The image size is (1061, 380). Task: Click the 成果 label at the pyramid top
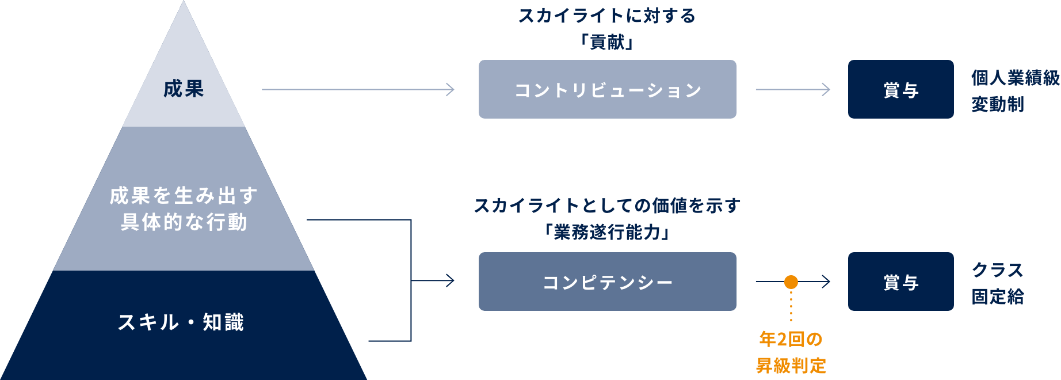point(184,89)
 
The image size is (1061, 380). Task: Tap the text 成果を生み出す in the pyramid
point(184,196)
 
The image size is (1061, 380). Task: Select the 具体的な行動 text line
point(184,222)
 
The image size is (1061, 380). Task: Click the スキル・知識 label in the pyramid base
point(181,322)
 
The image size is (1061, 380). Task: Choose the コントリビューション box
point(608,90)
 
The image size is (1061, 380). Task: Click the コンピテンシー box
point(608,282)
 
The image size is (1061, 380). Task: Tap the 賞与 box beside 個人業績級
point(900,90)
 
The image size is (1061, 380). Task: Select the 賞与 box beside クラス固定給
point(900,282)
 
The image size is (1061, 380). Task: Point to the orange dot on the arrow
point(791,282)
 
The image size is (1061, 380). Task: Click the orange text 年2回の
point(791,339)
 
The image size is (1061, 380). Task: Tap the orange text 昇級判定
point(791,365)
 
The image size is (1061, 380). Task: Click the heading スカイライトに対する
point(607,16)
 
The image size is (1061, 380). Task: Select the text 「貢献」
point(607,42)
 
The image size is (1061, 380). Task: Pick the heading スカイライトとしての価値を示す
point(607,206)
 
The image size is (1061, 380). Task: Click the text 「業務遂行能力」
point(607,232)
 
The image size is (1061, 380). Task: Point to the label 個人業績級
point(1015,78)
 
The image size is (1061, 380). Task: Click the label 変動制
point(998,104)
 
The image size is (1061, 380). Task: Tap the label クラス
point(998,270)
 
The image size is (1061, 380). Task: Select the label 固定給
point(998,297)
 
